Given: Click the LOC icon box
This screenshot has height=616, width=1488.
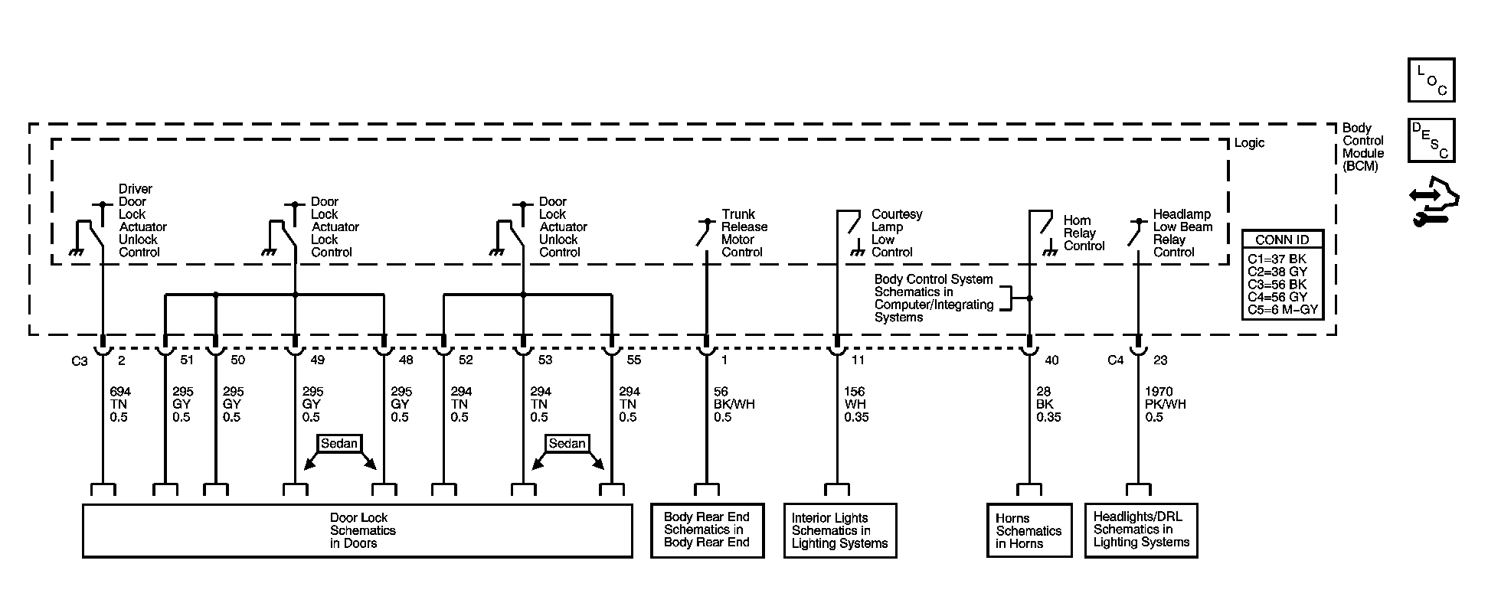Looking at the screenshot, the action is click(x=1431, y=80).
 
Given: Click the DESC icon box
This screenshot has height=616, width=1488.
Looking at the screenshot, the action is click(x=1431, y=140).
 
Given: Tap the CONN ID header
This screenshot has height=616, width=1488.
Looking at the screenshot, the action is click(x=1282, y=240).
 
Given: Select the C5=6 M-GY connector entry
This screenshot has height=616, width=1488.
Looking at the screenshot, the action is click(x=1282, y=309).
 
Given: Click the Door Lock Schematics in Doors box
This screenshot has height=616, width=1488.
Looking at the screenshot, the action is click(x=357, y=530).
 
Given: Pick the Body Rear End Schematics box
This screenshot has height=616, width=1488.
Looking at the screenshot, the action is click(x=707, y=530).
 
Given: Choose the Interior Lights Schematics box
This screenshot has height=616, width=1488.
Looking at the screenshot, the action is click(x=839, y=530).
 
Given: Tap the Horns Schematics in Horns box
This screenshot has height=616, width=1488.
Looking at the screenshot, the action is click(x=1029, y=530).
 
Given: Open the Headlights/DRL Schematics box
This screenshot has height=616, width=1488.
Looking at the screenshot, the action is click(x=1141, y=530).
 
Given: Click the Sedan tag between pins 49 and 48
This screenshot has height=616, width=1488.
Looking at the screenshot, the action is click(x=339, y=444).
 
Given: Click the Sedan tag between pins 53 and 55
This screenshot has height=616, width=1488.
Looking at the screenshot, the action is click(x=567, y=444).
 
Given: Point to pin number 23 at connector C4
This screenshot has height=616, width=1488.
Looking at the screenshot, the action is click(x=1160, y=360).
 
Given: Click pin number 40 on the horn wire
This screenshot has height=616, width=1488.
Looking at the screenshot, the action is click(x=1051, y=360).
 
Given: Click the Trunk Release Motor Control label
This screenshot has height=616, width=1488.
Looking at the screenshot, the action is click(x=744, y=233).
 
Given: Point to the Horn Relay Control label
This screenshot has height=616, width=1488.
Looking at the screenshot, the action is click(x=1084, y=233).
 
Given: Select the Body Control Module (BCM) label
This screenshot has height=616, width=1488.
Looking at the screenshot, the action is click(x=1363, y=147).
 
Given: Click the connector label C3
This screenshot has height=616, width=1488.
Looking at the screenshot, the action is click(x=80, y=361).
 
